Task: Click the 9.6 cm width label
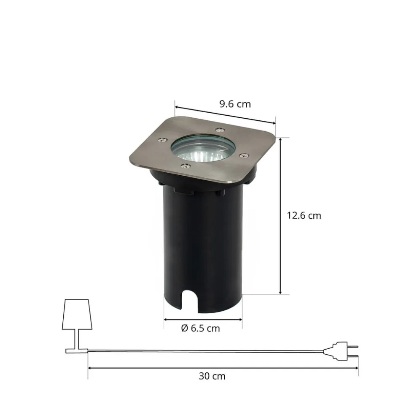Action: pos(235,104)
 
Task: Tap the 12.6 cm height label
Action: pos(304,216)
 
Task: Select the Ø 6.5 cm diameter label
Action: pos(200,329)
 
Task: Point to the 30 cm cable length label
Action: pos(212,376)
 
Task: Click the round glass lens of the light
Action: pos(203,149)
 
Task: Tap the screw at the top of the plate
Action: pos(220,130)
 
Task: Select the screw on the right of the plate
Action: pos(245,156)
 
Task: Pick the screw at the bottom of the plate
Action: pos(186,165)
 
